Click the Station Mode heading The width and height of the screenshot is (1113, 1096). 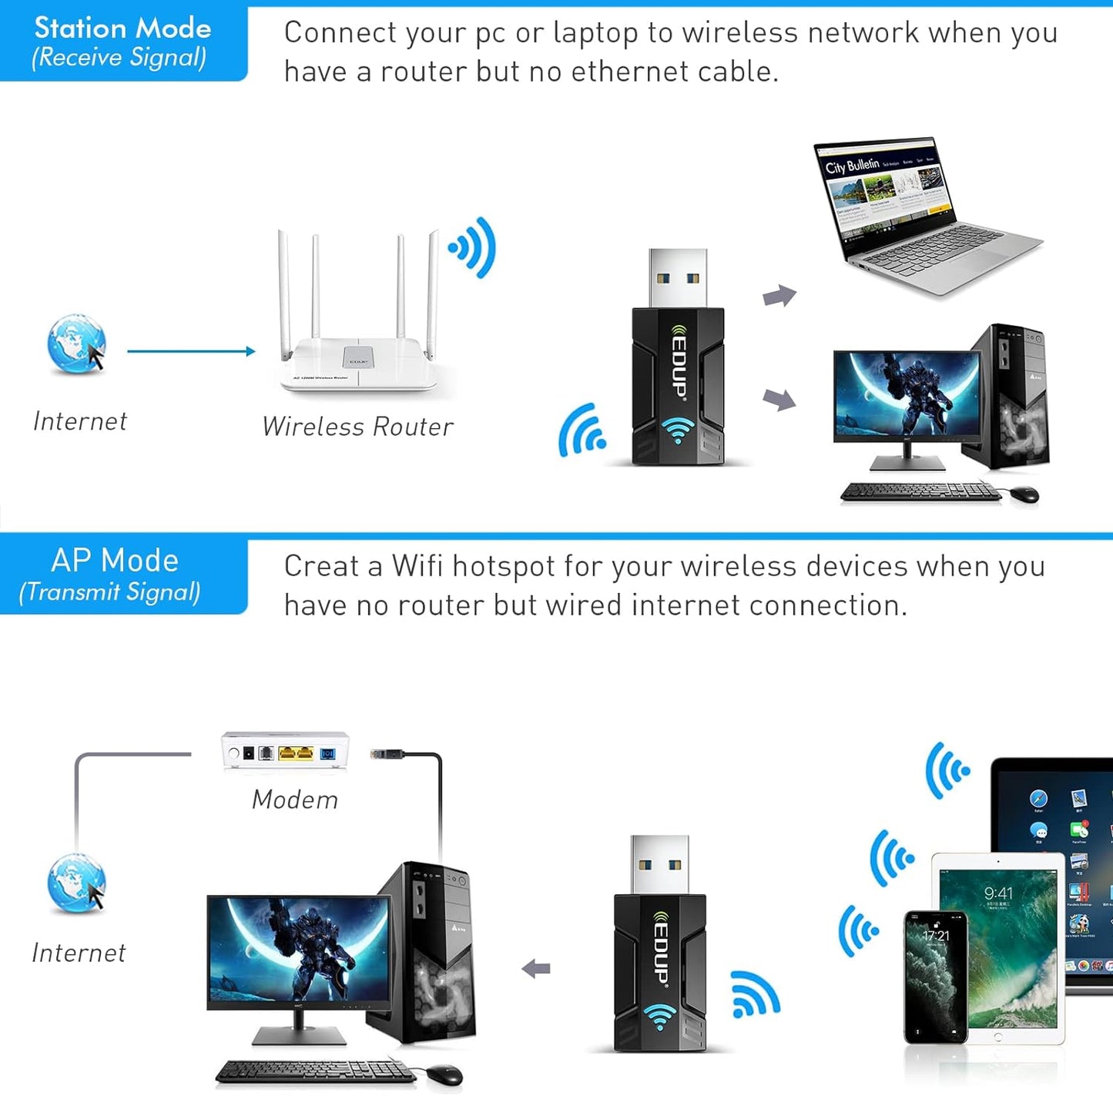[122, 28]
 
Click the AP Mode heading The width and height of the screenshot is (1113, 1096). [115, 560]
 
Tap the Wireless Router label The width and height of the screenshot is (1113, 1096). [357, 427]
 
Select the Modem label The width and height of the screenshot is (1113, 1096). [295, 799]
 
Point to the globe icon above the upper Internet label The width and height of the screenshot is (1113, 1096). [75, 344]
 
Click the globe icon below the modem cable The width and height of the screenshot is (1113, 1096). [75, 883]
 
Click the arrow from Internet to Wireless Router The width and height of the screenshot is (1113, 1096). [190, 351]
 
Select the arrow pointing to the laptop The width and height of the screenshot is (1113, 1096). [779, 296]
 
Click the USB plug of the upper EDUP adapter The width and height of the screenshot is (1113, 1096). [678, 277]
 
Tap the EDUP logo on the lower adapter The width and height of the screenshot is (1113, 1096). [661, 950]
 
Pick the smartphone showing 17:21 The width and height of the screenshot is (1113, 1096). [935, 977]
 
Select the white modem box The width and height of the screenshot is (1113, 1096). [285, 751]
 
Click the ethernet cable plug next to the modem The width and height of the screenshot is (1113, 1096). [387, 754]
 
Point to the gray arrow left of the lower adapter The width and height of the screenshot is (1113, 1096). [536, 968]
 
